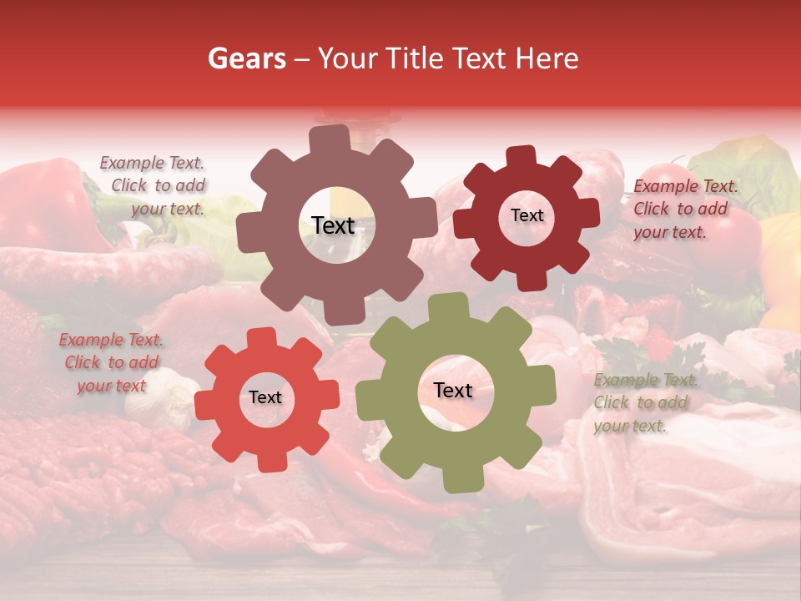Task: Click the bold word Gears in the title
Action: (x=246, y=58)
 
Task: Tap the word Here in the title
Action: (x=547, y=58)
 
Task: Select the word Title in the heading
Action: (x=416, y=58)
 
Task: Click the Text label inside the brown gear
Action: (x=333, y=225)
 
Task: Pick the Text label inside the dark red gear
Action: (x=526, y=215)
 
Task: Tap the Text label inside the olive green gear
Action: (x=453, y=391)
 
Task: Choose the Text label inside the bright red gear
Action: (x=265, y=397)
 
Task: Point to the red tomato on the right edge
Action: (x=738, y=238)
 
